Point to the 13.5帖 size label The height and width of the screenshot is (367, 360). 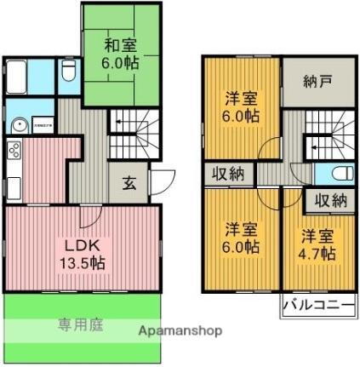click(x=83, y=263)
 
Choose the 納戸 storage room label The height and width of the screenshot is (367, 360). click(x=315, y=83)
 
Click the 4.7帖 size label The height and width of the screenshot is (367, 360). click(x=317, y=253)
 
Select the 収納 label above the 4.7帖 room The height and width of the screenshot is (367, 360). click(x=329, y=201)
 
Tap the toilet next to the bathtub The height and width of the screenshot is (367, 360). click(x=67, y=72)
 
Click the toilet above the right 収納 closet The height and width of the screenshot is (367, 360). click(x=335, y=174)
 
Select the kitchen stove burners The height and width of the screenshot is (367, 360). click(x=14, y=152)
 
